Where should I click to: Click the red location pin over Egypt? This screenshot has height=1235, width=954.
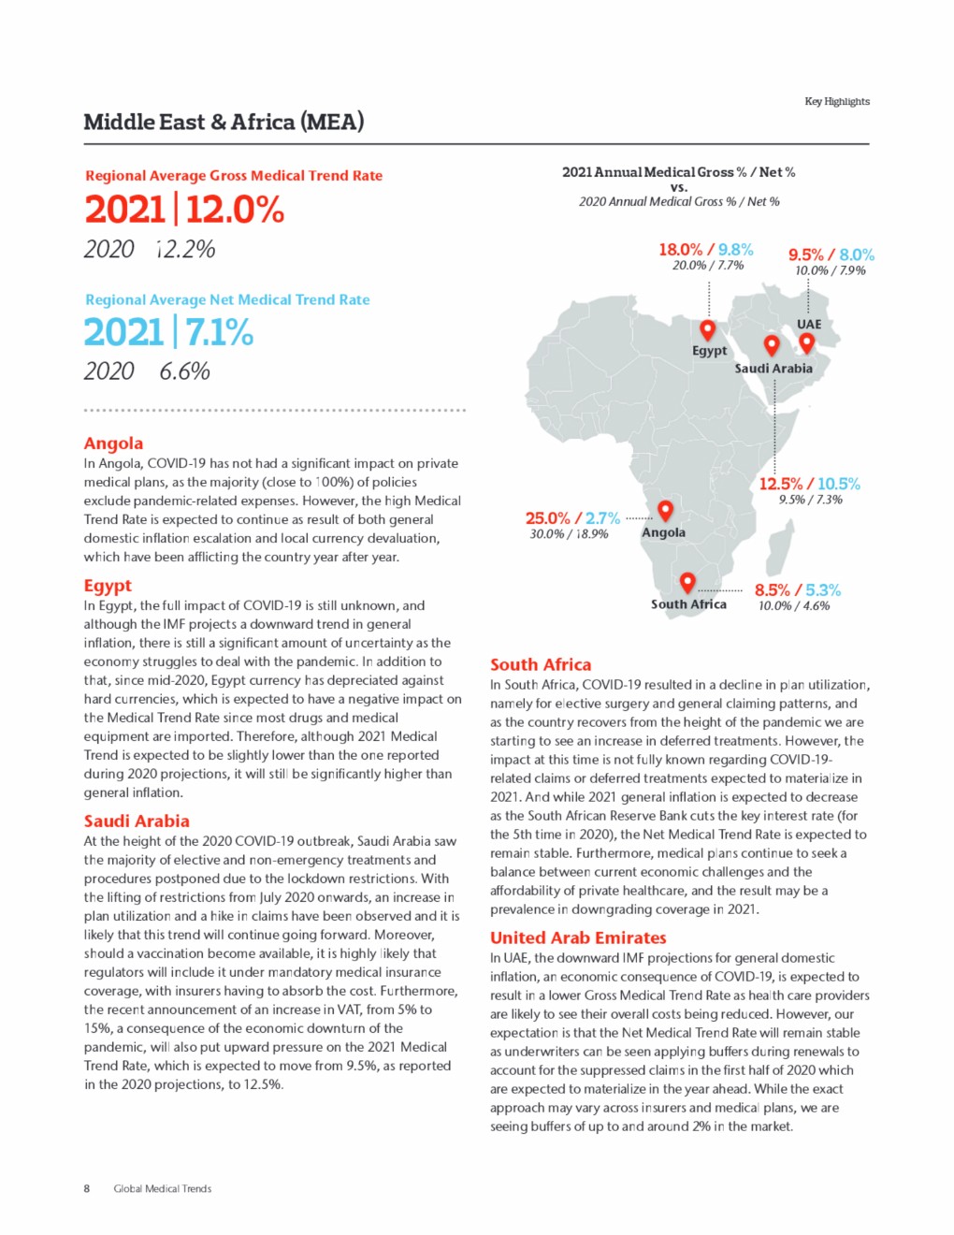tap(708, 329)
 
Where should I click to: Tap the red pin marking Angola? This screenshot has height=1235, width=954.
tap(665, 510)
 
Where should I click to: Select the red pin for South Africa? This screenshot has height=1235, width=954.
tap(687, 582)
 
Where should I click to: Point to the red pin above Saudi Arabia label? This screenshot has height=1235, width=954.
tap(772, 345)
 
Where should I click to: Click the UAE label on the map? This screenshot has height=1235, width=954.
tap(809, 325)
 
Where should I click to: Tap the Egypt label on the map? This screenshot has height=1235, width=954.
tap(709, 351)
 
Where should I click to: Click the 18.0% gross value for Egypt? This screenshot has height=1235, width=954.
tap(680, 250)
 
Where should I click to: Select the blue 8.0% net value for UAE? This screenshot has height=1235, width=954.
tap(857, 254)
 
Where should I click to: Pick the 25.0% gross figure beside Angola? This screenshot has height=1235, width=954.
tap(547, 518)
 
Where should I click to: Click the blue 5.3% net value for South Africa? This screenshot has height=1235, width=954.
tap(823, 590)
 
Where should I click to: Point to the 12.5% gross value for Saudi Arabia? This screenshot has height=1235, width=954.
tap(780, 484)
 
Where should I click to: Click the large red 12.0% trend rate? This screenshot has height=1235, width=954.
tap(235, 209)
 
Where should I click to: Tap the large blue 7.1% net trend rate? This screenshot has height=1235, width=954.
tap(219, 332)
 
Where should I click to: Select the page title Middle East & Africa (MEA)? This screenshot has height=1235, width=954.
tap(224, 122)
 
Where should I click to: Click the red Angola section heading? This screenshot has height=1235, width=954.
tap(113, 443)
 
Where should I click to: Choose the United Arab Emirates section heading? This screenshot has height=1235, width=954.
tap(578, 937)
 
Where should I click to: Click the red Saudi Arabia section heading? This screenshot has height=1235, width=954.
tap(137, 821)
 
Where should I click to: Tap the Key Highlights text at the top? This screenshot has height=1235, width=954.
tap(837, 101)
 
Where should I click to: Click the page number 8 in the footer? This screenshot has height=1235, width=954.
tap(87, 1189)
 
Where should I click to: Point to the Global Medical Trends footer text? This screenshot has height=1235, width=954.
tap(163, 1189)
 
